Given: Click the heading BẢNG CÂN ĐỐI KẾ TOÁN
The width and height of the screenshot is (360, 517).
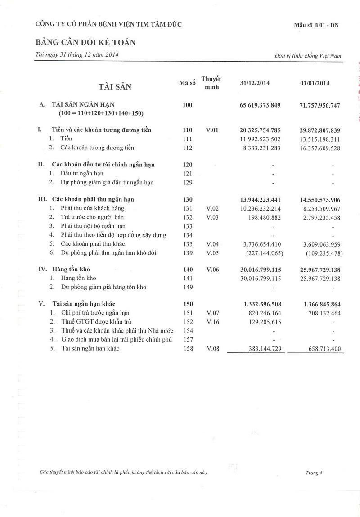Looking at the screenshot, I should tap(85, 42).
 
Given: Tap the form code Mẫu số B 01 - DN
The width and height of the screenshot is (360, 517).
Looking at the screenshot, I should tap(316, 25).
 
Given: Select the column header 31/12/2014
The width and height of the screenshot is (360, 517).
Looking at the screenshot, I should tap(255, 83).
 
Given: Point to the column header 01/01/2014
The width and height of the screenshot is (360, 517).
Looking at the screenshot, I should tap(315, 83).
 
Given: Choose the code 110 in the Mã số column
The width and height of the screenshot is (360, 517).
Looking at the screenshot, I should tap(188, 130).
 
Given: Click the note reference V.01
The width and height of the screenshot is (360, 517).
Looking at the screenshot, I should tap(212, 130).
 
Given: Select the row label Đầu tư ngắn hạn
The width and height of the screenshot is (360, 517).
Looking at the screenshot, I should tap(82, 174).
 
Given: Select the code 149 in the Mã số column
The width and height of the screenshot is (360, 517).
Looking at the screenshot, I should tap(188, 287).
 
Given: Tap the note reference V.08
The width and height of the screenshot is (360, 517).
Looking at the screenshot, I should tap(212, 348).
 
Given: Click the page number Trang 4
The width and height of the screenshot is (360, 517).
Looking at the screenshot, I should tap(314, 472).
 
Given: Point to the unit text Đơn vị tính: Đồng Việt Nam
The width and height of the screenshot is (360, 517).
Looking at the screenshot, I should tap(307, 56).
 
